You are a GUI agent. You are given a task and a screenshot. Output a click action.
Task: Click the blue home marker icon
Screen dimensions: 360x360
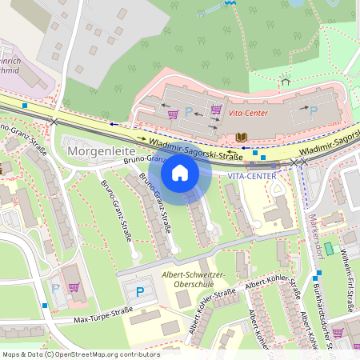[x=180, y=173]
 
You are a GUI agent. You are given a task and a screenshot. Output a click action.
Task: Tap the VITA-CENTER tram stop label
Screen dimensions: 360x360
[x=251, y=175]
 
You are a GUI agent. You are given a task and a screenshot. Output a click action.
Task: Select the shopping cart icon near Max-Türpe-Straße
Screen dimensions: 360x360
[x=74, y=287]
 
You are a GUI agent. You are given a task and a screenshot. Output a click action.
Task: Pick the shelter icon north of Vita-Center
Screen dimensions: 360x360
[x=285, y=81]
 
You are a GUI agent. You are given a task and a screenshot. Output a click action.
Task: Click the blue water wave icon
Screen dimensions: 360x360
[x=231, y=4]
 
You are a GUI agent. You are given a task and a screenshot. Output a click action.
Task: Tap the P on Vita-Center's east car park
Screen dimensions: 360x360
[x=313, y=110]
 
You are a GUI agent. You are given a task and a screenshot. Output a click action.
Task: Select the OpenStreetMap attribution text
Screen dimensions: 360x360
[x=80, y=354]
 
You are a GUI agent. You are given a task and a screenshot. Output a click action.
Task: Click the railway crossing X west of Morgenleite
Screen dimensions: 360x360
[x=54, y=122]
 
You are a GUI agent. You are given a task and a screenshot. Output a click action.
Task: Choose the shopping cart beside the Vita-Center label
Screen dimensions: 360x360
[x=216, y=109]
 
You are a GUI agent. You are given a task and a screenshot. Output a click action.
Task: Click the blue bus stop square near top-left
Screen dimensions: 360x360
[x=25, y=105]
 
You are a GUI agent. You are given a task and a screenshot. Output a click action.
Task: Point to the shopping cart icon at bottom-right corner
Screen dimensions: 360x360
[x=337, y=332]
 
